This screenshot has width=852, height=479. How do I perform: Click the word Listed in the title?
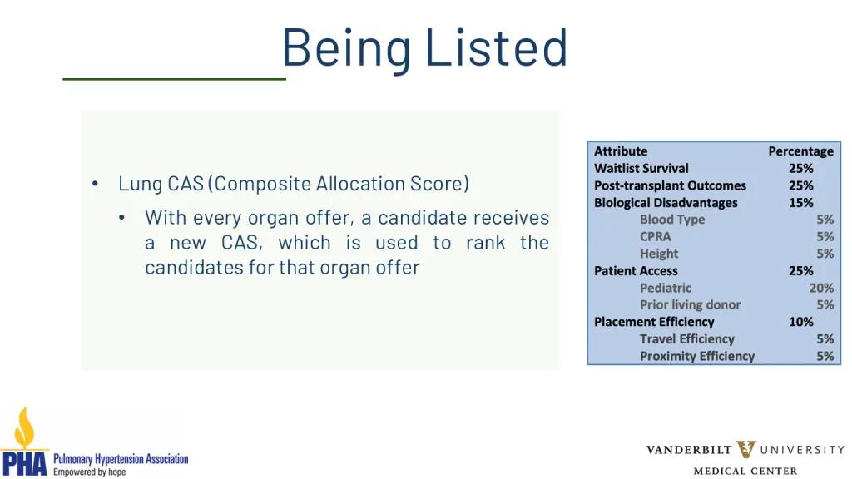point(496,47)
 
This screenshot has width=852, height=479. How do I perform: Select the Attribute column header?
point(621,151)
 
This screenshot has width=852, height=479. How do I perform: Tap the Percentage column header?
point(800,151)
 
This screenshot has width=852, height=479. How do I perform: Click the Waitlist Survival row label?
point(641,168)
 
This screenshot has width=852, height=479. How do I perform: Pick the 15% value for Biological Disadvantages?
point(801,203)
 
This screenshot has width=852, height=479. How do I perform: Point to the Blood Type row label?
point(672,220)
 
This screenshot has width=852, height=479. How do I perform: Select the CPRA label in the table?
point(656,236)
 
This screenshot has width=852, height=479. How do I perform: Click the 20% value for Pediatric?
point(821,288)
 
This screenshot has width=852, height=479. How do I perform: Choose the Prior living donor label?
point(690,304)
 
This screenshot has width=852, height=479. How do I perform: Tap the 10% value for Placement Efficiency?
point(801,322)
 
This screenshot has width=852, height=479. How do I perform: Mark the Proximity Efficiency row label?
point(697,356)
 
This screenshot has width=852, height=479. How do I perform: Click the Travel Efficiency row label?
point(686,339)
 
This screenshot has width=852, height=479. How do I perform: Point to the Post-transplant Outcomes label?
point(670,185)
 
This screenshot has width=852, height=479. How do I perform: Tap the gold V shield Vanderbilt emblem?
point(746,449)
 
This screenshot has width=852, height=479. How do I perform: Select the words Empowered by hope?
point(89,472)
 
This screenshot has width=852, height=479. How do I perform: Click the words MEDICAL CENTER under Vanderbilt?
point(745,471)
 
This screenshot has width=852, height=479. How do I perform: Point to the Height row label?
point(659,254)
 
